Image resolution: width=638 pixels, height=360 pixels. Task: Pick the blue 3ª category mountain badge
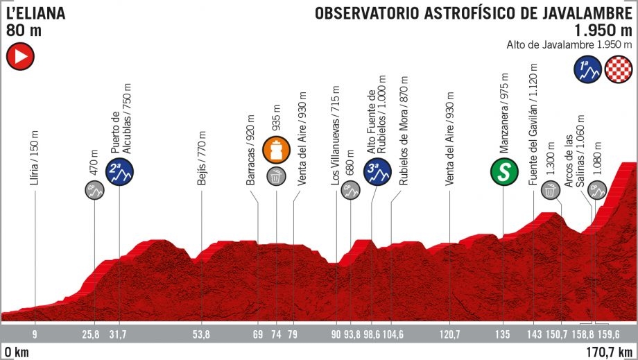(377, 173)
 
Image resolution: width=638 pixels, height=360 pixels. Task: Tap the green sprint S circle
(504, 173)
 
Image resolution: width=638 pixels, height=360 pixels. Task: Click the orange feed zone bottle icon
(276, 151)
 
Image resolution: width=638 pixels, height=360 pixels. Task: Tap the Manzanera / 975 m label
(505, 112)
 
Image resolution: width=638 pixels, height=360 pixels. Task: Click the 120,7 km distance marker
(450, 336)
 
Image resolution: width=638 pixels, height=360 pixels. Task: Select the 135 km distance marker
(504, 336)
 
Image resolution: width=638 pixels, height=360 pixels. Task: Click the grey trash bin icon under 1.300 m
(550, 189)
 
